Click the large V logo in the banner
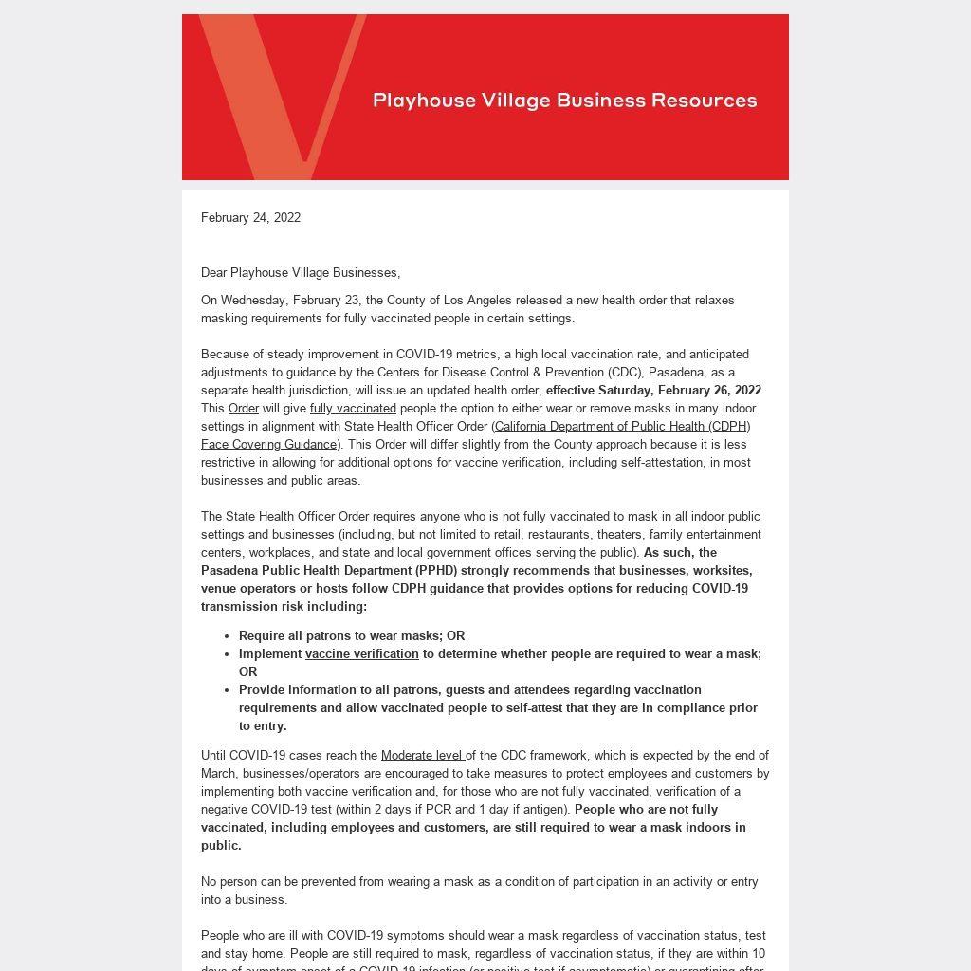(275, 95)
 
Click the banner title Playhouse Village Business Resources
(565, 101)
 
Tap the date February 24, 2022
(250, 218)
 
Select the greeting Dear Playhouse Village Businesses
(300, 273)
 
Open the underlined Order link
(244, 409)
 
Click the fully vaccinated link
(353, 409)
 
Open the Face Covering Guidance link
(269, 445)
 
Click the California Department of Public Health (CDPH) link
(621, 427)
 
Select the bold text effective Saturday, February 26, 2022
(653, 391)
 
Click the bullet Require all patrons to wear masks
(351, 636)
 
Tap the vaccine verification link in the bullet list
(361, 654)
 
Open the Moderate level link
(422, 756)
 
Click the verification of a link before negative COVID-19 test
(697, 792)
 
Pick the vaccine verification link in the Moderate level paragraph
(357, 792)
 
